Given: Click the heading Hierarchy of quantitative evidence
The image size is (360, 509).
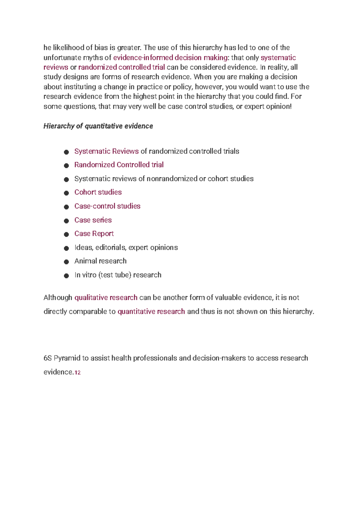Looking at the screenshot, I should tap(98, 126).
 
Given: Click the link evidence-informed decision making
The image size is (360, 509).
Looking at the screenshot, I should tap(170, 58).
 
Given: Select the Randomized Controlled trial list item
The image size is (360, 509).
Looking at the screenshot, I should tap(119, 165).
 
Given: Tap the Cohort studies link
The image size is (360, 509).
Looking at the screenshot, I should tap(98, 192).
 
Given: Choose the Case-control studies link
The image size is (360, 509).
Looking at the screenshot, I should tap(107, 206).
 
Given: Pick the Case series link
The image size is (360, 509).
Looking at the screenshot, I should tap(93, 220).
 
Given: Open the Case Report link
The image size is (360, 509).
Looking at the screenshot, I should tap(94, 233).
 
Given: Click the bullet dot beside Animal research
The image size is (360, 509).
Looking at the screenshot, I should tap(66, 262).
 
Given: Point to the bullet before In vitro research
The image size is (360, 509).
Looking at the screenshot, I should tap(66, 276).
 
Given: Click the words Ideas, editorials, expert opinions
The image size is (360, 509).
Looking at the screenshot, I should tap(126, 248).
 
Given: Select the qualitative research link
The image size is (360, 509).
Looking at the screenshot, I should tap(106, 298).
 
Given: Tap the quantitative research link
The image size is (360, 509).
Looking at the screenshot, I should tap(151, 312).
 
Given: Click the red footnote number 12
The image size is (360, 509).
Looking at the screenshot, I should tap(77, 373).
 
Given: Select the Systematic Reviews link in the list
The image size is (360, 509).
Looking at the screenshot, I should tap(106, 151).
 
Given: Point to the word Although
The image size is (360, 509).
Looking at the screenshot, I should tap(58, 298).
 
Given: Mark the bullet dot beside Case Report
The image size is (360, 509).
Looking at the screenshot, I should tap(66, 234).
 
